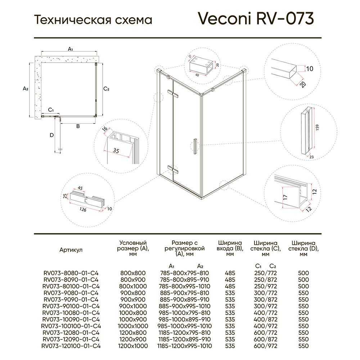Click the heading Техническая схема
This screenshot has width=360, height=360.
point(93,20)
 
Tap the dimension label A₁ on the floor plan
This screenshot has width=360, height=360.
point(71,49)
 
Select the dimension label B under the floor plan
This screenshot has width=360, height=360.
point(77,126)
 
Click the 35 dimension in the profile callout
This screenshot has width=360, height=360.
point(116,150)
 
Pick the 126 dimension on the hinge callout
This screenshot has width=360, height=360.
point(82,210)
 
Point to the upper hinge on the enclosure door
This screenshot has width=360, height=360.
point(175,94)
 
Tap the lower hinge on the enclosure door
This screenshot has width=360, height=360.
point(174,168)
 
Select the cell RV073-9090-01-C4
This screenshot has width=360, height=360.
point(71,300)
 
